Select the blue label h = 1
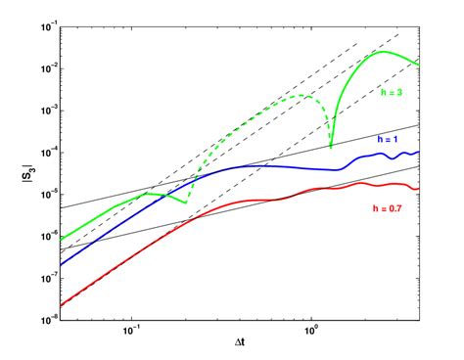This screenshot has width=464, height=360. pyautogui.click(x=391, y=141)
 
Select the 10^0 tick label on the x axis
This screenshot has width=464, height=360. pyautogui.click(x=310, y=330)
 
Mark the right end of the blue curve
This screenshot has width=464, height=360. pyautogui.click(x=418, y=152)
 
